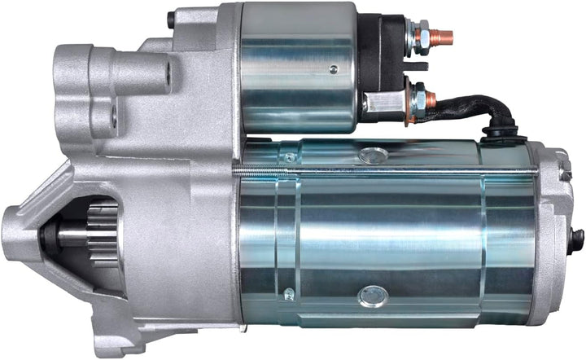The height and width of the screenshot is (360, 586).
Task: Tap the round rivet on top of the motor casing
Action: tap(374, 155)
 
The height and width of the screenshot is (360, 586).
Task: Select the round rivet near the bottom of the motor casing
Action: tap(374, 295)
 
